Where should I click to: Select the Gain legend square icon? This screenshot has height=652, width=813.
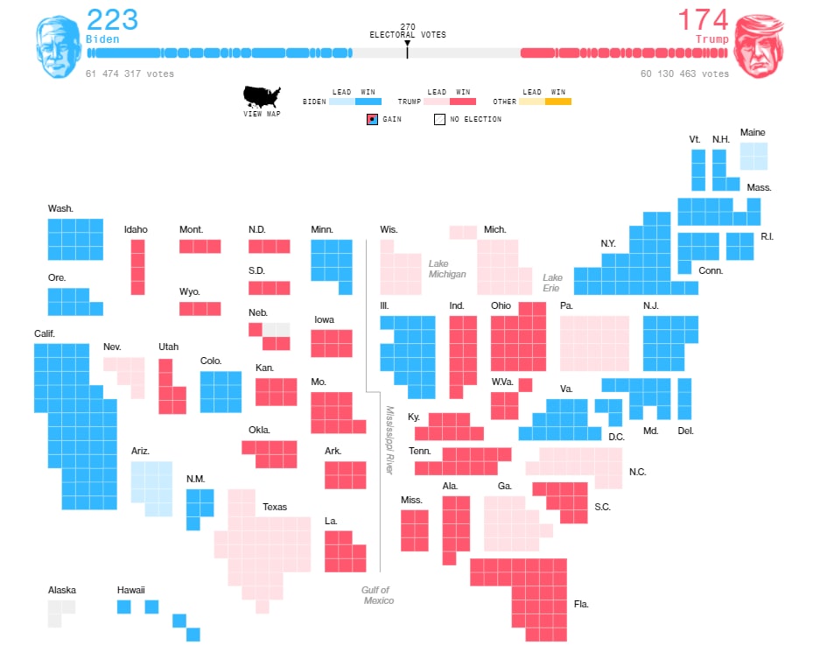coord(372,119)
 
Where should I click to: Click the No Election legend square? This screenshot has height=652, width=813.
coord(439,119)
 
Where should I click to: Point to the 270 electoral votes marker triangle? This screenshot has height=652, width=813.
coord(407,43)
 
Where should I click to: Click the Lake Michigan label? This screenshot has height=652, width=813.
coord(446,269)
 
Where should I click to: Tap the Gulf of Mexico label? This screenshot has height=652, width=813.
coord(377,595)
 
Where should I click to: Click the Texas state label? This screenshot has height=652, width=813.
coord(275,507)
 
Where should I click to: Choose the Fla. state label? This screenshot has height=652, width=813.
coord(582,604)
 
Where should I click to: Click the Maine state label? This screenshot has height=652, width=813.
coord(753,132)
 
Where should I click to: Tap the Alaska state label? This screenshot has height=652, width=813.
coord(62,590)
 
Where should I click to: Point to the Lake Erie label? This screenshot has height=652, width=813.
coord(552,283)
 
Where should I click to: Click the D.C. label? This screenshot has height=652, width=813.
coord(616,437)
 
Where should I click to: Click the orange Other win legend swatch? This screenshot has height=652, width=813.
coord(558,102)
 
